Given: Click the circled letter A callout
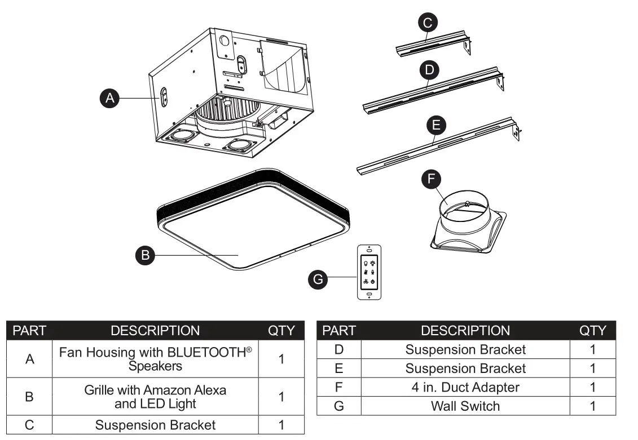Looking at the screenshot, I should (109, 98).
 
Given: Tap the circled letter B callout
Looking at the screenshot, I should (144, 255).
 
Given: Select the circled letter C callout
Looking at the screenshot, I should (427, 23).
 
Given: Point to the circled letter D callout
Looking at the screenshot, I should (430, 70).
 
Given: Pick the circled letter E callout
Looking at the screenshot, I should (435, 125).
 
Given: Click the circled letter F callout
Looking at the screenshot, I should (432, 180).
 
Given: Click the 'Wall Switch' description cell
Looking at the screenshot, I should (465, 406).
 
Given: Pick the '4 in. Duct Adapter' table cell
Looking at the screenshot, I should (465, 387).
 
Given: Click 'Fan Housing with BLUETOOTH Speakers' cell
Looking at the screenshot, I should (155, 358).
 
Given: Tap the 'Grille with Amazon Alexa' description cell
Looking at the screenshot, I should (155, 397).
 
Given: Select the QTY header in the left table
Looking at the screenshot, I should (281, 330).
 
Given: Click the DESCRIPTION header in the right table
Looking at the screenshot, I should (465, 330).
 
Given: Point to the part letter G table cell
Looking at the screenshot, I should (339, 406).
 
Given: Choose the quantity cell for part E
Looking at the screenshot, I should (593, 368).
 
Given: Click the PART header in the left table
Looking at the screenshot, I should (29, 330).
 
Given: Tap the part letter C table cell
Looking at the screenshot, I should (29, 425).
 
